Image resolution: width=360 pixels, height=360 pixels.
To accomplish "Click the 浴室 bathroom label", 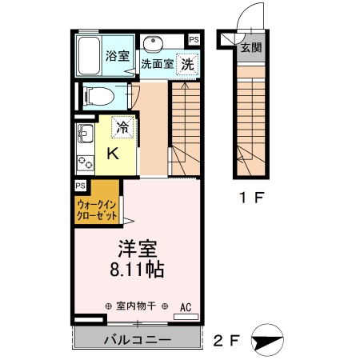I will click(x=118, y=56).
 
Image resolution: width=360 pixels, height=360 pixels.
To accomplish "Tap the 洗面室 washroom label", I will click(x=157, y=64).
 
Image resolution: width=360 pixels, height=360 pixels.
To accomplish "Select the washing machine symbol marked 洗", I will click(x=187, y=63).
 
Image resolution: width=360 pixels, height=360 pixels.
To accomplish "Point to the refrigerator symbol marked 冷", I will click(x=123, y=126).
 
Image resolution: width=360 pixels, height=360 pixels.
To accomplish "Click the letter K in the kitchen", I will click(x=114, y=154).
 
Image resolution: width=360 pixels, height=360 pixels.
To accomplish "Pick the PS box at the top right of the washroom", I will click(x=194, y=38).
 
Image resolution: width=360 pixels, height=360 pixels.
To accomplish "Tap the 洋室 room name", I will click(x=132, y=249).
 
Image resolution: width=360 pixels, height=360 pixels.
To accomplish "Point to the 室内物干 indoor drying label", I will click(x=136, y=306).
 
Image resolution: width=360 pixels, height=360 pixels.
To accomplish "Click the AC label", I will click(x=186, y=306).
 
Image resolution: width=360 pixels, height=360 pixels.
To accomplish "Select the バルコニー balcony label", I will click(x=136, y=340).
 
